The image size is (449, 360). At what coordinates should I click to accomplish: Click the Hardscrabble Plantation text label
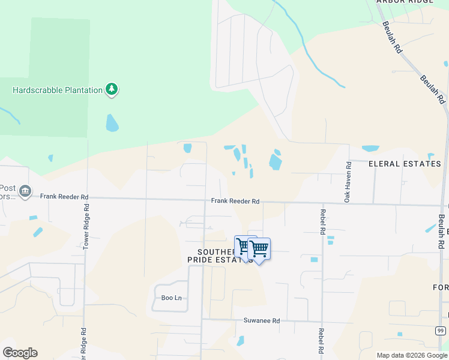(x=58, y=90)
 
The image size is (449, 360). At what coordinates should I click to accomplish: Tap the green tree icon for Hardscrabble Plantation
(x=111, y=89)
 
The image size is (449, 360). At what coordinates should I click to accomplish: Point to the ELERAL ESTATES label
(x=405, y=163)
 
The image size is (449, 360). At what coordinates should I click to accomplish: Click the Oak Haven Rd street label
(x=348, y=181)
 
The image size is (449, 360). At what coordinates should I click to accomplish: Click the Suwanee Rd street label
(x=261, y=321)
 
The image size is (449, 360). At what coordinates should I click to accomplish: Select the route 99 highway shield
(x=441, y=331)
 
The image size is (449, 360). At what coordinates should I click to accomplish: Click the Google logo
(x=20, y=353)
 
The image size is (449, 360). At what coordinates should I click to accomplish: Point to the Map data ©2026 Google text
(x=412, y=355)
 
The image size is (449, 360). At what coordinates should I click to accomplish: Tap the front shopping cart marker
(x=259, y=249)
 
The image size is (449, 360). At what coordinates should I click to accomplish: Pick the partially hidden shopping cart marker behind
(x=242, y=246)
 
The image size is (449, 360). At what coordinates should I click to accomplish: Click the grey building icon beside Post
(x=25, y=191)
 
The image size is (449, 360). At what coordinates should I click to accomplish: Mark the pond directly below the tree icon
(x=112, y=123)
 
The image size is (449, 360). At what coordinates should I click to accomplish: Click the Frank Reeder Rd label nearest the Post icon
(x=64, y=196)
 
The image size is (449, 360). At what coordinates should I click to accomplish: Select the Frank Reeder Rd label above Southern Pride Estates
(x=235, y=202)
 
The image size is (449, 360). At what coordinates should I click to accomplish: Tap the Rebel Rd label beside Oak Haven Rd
(x=322, y=222)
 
